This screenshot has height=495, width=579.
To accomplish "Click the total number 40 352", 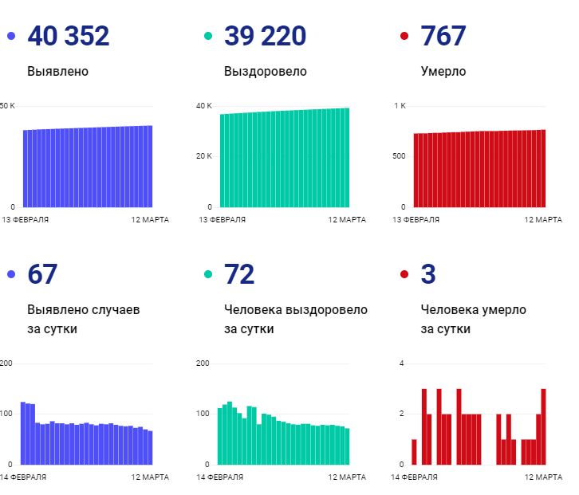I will pyautogui.click(x=69, y=36).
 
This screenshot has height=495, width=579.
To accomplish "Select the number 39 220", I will pyautogui.click(x=266, y=36).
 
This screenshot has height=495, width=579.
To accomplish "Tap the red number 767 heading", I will pyautogui.click(x=443, y=36).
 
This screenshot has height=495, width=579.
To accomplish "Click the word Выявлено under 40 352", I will pyautogui.click(x=57, y=72).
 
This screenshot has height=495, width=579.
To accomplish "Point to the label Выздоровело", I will pyautogui.click(x=266, y=72).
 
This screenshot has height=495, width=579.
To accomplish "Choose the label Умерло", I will pyautogui.click(x=443, y=72).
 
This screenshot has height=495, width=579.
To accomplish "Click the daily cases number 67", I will pyautogui.click(x=42, y=274).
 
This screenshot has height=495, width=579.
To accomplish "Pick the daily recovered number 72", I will pyautogui.click(x=239, y=274).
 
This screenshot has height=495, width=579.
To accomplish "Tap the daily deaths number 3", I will pyautogui.click(x=428, y=274).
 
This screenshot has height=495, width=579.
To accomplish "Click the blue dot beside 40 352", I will pyautogui.click(x=11, y=36).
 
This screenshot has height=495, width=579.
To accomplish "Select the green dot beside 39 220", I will pyautogui.click(x=208, y=36).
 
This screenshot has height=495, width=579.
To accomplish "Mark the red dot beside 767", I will pyautogui.click(x=404, y=36).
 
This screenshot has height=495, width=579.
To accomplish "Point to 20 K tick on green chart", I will pyautogui.click(x=204, y=156).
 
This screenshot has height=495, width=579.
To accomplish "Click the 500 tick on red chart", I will pyautogui.click(x=399, y=156).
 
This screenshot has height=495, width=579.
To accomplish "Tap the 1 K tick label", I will pyautogui.click(x=400, y=106).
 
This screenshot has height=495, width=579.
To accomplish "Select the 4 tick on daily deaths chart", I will pyautogui.click(x=402, y=363).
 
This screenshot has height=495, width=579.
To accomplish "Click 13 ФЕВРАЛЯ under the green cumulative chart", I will pyautogui.click(x=222, y=219).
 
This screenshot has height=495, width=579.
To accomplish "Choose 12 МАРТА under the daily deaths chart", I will pyautogui.click(x=544, y=477).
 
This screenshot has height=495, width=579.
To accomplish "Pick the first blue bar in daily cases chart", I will pyautogui.click(x=22, y=433).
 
